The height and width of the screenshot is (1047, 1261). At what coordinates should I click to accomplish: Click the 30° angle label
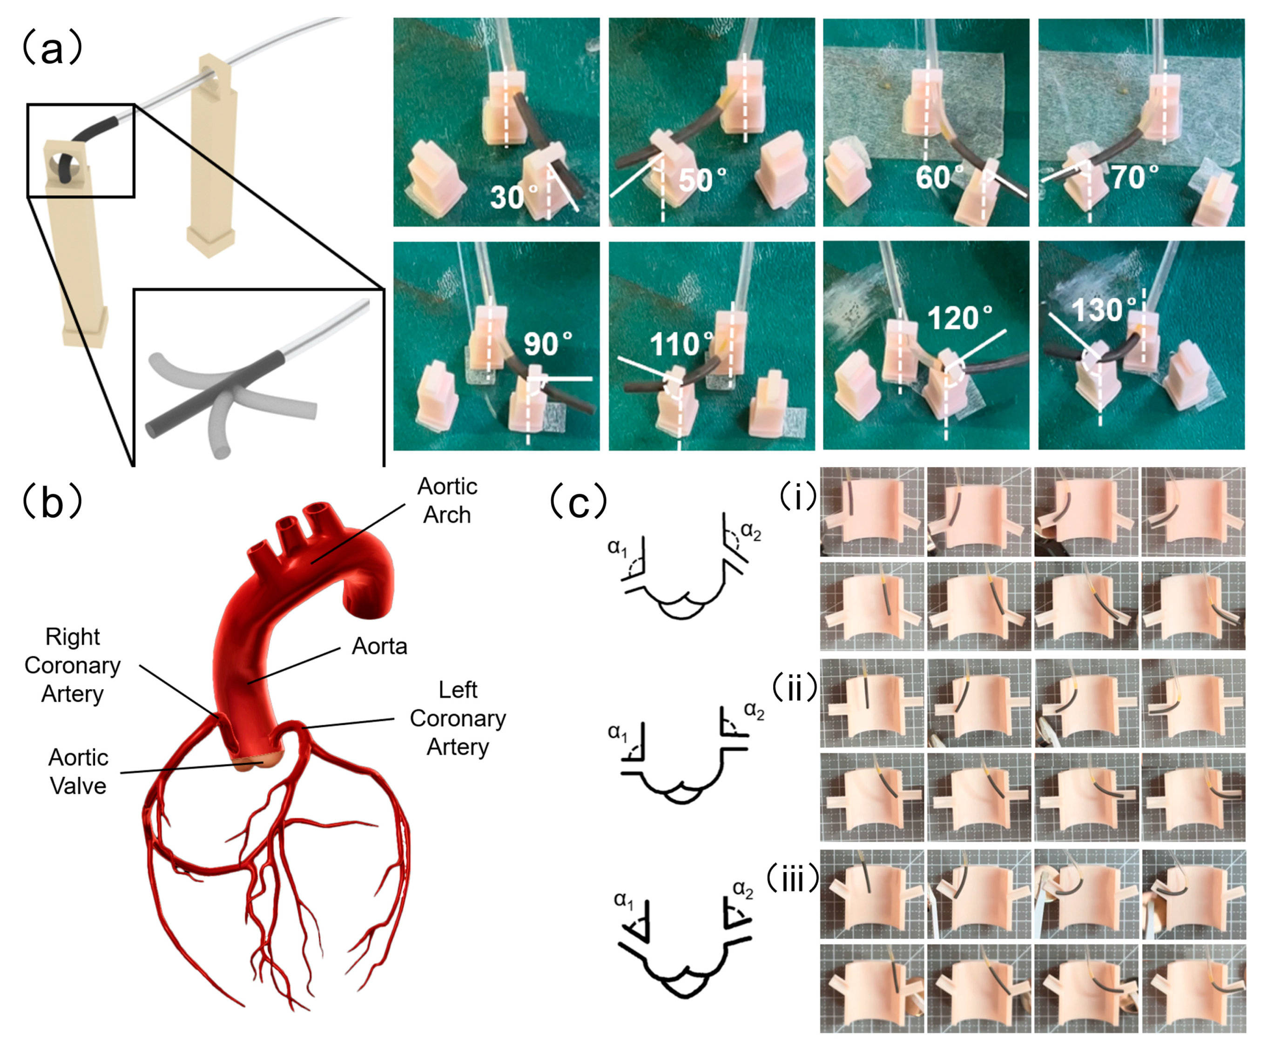point(514,196)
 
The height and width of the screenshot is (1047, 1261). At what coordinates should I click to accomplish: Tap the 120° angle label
point(959,317)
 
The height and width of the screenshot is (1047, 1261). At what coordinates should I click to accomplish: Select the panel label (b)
point(52,502)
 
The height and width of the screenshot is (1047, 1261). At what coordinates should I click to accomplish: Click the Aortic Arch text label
point(447,501)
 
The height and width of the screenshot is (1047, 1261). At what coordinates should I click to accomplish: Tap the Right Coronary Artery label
point(72,665)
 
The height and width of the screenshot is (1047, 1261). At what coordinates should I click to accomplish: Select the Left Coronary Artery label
point(458,718)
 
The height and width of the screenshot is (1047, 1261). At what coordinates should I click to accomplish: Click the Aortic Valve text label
point(78,772)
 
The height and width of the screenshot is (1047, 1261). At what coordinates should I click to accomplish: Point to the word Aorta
point(379,646)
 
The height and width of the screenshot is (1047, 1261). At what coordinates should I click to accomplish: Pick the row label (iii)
point(793,879)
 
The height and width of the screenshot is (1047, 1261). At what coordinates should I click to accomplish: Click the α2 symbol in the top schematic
point(750,531)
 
